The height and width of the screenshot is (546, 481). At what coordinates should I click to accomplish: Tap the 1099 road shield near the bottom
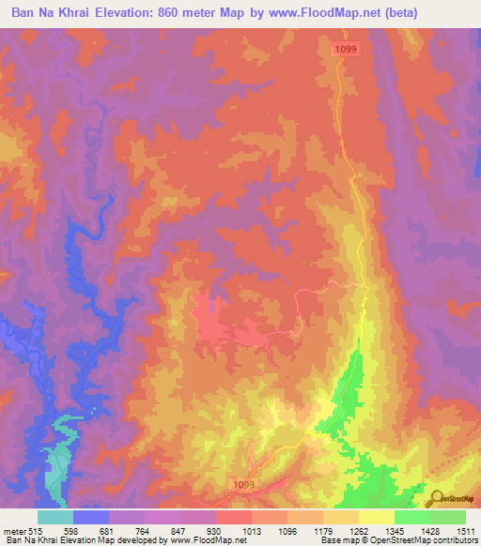(242, 483)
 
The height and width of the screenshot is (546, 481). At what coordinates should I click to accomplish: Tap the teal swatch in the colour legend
(55, 517)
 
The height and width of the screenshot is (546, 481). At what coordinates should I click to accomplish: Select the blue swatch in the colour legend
(91, 517)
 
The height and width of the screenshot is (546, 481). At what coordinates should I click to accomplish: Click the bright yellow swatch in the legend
(377, 517)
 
